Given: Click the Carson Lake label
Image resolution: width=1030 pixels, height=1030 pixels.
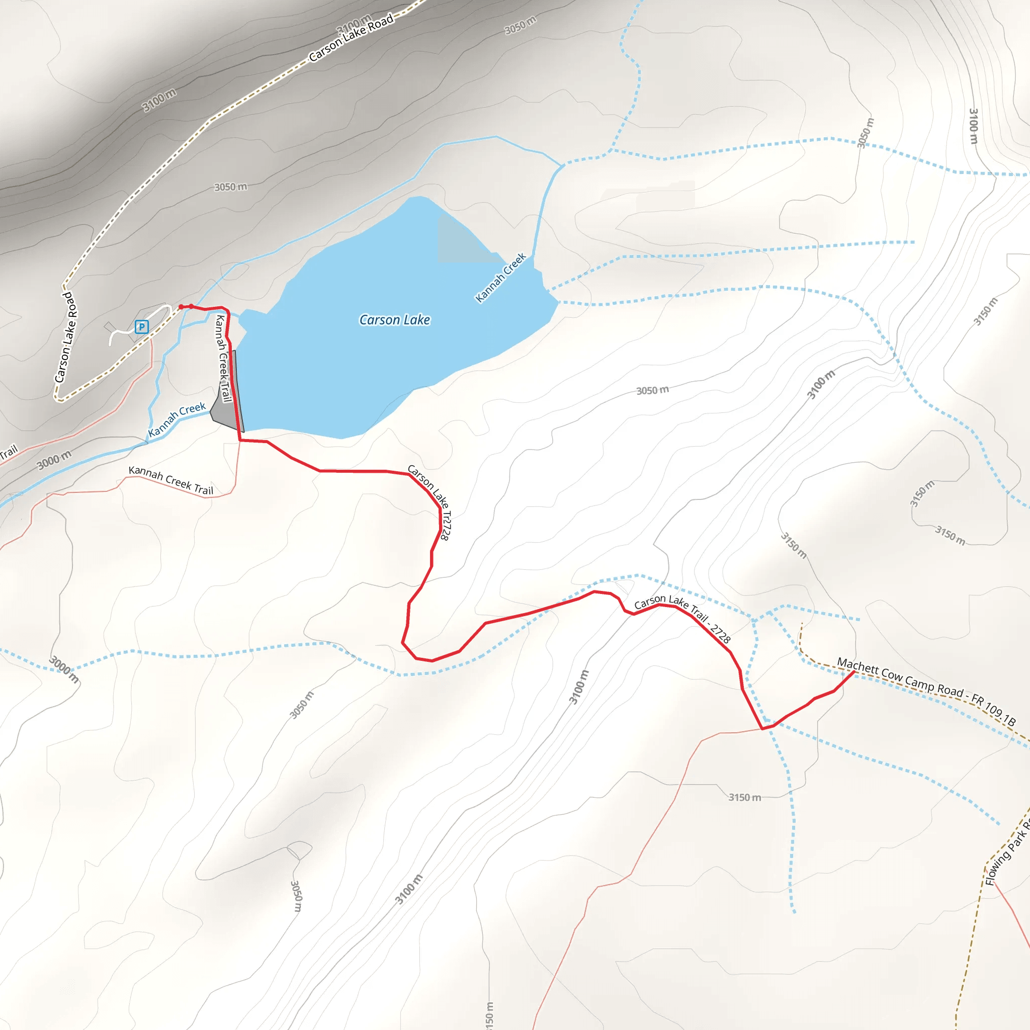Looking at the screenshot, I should [394, 320].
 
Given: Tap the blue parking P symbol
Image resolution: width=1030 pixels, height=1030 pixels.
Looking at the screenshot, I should [141, 326].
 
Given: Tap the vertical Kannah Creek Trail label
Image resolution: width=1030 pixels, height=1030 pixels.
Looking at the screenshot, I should [223, 358].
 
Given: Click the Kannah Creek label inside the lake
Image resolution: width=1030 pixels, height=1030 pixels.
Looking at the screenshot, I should [500, 278].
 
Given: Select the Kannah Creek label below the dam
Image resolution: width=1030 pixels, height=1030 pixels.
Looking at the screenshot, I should [177, 419].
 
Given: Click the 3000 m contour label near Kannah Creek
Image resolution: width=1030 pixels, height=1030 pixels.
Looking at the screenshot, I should [54, 460].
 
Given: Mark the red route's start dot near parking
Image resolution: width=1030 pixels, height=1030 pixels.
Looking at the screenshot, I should [181, 307].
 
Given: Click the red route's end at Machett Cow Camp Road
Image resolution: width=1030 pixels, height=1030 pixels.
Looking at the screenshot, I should [853, 672].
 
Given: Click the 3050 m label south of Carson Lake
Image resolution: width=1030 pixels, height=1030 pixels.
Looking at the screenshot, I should [652, 390].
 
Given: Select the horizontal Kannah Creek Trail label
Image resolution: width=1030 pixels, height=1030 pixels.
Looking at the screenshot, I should [170, 480].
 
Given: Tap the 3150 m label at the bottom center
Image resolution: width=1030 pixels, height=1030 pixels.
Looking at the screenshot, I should [744, 798].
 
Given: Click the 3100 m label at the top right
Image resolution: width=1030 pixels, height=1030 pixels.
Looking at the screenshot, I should [973, 126].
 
